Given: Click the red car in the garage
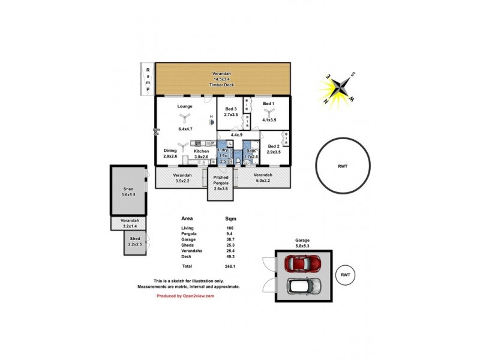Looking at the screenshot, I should point(304,263).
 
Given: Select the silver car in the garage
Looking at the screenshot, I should point(304,286).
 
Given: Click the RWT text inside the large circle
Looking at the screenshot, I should point(343,166).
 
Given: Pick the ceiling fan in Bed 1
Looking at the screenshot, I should point(268,111).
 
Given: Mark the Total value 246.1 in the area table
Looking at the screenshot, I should point(230,266).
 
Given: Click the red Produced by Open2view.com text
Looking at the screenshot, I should point(185,296).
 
